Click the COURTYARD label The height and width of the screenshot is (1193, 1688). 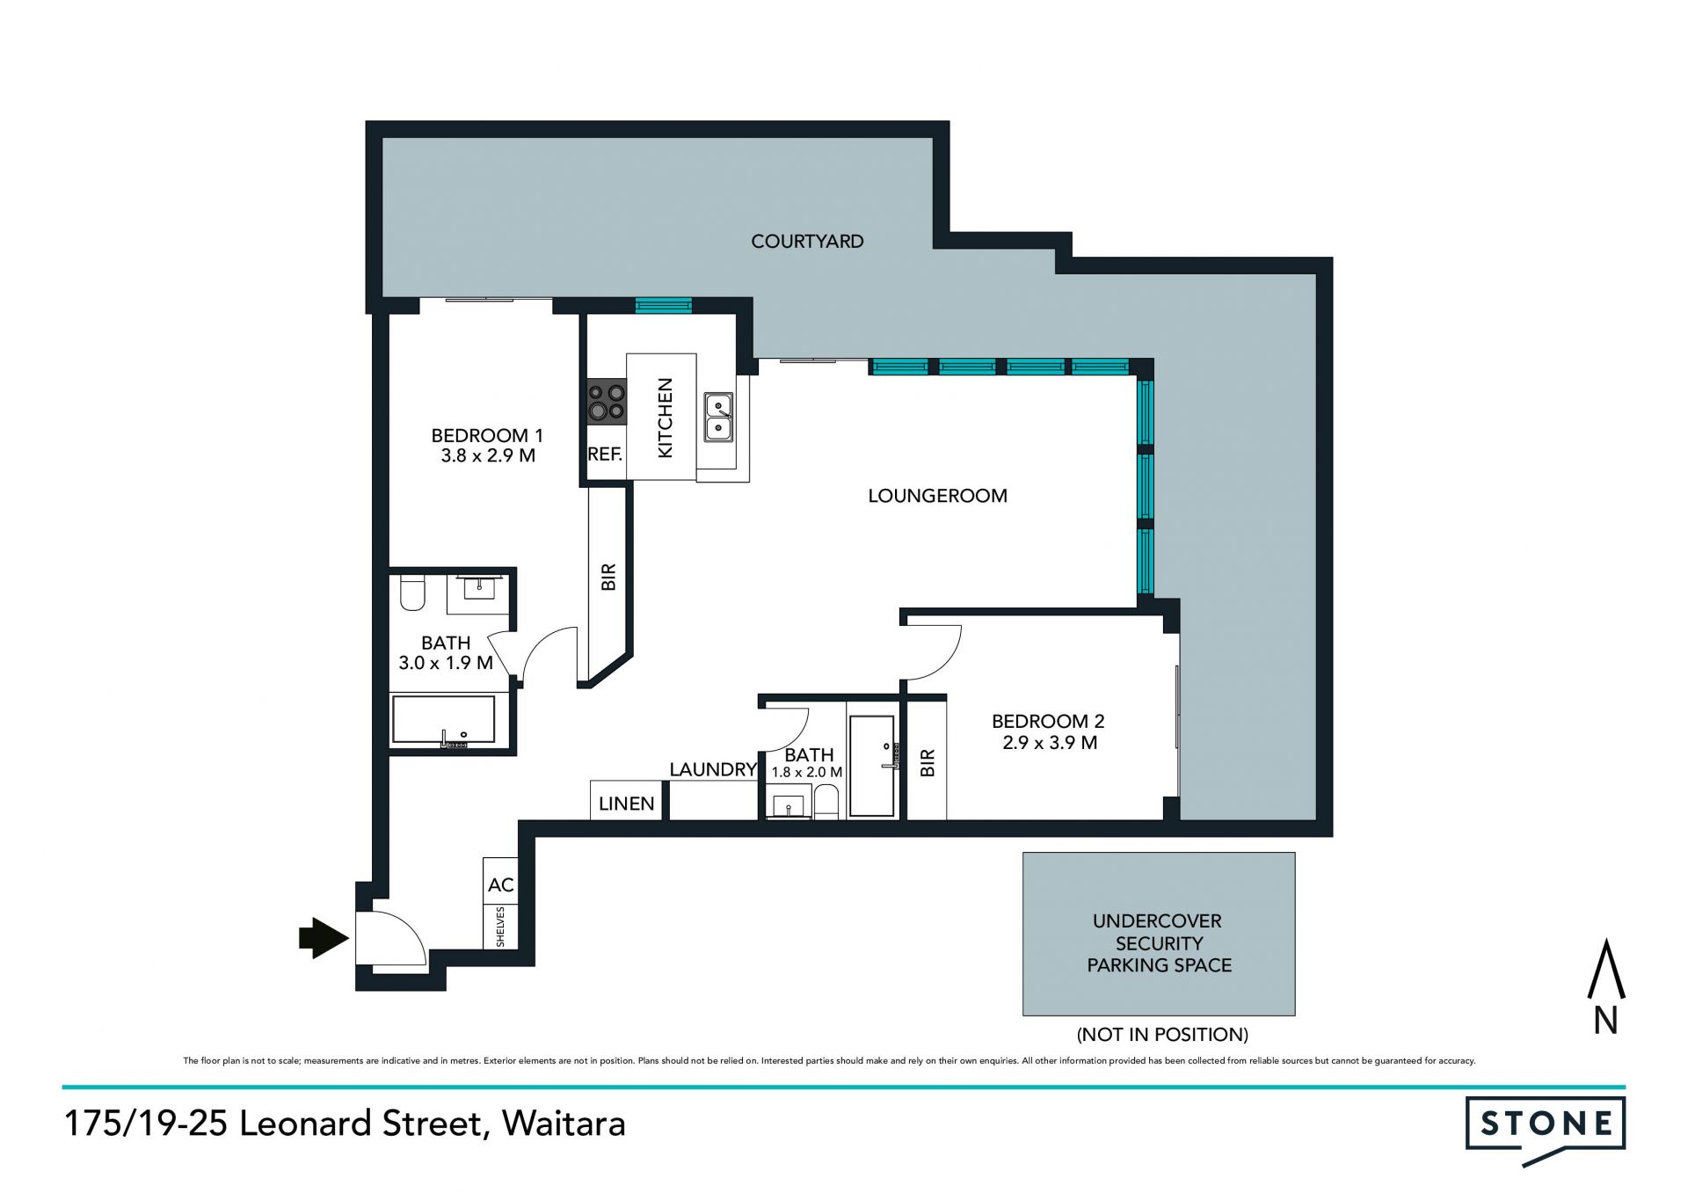(x=807, y=241)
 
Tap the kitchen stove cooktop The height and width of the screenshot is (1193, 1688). (x=607, y=402)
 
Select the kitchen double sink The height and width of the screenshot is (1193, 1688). (x=719, y=417)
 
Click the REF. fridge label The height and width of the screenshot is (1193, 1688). (x=605, y=455)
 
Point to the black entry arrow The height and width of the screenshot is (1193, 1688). (x=324, y=937)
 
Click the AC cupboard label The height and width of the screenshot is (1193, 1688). (x=500, y=885)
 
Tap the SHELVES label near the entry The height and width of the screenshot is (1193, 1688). (x=501, y=927)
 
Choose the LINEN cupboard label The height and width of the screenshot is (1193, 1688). (x=626, y=804)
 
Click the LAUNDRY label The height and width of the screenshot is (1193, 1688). (x=713, y=769)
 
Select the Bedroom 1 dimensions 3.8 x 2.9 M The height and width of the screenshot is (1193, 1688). (x=488, y=455)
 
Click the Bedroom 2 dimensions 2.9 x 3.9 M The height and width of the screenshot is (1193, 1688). (x=1050, y=742)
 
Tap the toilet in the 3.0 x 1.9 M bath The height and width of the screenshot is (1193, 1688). (x=412, y=593)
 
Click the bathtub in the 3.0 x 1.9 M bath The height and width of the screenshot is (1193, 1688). (x=444, y=720)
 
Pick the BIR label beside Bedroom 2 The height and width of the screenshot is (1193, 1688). (x=927, y=762)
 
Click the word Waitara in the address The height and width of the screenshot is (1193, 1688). (x=564, y=1124)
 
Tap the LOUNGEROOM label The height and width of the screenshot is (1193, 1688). (x=937, y=496)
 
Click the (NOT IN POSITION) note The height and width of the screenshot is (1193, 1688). (x=1162, y=1035)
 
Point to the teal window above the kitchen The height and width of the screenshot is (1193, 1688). (x=664, y=306)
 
